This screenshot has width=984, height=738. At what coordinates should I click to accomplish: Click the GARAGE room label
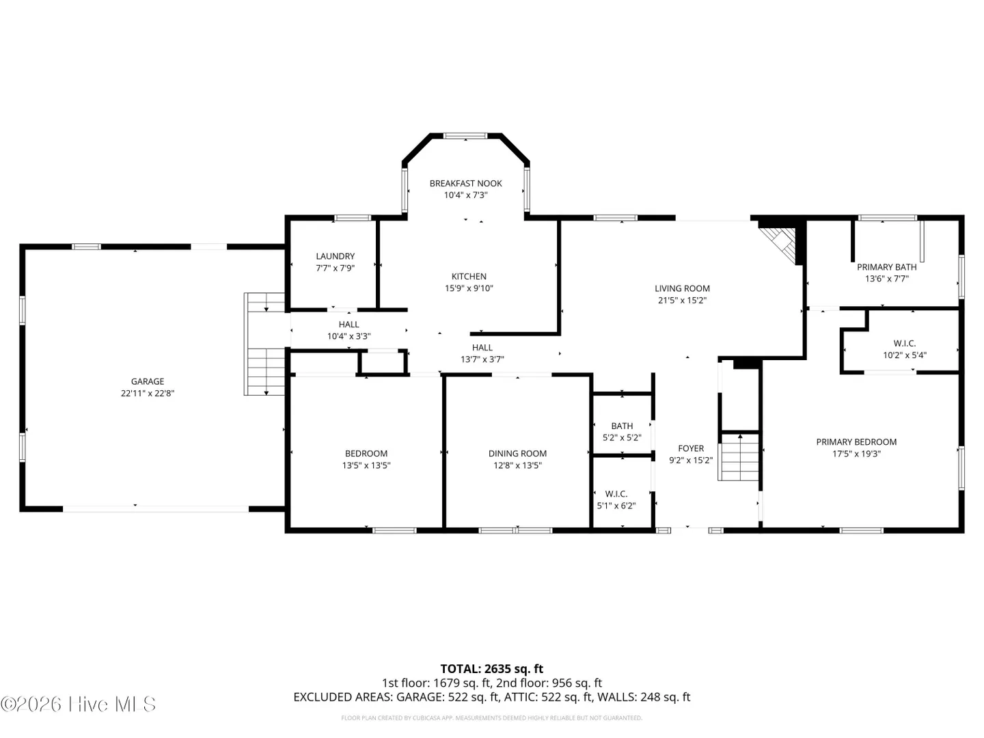coord(147,381)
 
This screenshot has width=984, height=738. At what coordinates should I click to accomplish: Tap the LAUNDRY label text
coord(335,256)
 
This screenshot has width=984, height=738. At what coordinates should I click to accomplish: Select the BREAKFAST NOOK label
coord(465,183)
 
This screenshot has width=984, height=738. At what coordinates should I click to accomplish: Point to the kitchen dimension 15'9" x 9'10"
coord(469,288)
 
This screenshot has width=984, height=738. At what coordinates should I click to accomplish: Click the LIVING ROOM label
coord(682,288)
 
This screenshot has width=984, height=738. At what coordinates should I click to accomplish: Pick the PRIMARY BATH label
coord(886,267)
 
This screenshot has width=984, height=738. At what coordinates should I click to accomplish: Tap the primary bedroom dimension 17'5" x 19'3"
coord(856,454)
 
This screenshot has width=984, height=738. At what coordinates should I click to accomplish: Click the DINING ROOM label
coord(517,454)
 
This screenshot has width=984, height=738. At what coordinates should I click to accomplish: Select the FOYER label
coord(690,448)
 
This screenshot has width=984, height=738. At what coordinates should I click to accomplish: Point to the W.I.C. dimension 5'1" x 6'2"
coord(616,506)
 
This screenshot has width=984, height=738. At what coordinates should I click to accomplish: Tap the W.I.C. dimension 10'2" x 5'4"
coord(904,355)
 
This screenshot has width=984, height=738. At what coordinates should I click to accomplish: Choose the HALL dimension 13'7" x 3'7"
coord(482,359)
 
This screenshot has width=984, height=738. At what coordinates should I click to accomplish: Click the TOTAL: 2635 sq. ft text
coord(491,669)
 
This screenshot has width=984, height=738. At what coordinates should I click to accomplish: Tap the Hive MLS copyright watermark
coord(78,704)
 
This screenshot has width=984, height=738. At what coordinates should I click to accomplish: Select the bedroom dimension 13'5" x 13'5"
coord(366,465)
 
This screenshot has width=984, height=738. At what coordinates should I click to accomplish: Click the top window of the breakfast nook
coord(465,136)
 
